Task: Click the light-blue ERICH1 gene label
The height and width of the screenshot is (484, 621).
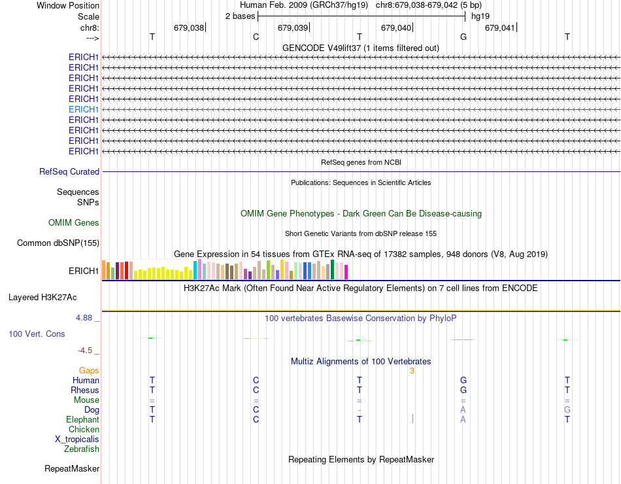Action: pos(84,109)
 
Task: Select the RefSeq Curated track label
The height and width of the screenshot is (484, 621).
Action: pos(69,171)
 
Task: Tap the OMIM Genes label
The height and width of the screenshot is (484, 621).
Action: pos(74,223)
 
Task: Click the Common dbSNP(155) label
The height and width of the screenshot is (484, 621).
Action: pos(58,243)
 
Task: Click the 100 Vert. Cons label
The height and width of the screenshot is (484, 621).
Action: pos(37,334)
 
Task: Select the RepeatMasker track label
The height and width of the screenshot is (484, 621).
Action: pos(72,468)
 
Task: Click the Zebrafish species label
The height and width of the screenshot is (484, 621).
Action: pos(82,449)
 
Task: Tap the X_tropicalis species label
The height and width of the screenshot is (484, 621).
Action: pos(77,440)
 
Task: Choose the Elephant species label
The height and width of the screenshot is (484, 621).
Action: pos(82,420)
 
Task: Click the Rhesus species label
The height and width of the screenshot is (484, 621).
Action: pos(85,390)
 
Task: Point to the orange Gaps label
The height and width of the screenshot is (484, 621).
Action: pos(89,371)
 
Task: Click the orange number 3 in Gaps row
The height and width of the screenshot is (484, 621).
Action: pos(412,371)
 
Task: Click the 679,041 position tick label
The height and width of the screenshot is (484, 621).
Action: pos(500,27)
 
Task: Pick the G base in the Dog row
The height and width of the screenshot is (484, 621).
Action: pos(567,410)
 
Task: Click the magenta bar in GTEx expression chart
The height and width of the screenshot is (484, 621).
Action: pos(346,272)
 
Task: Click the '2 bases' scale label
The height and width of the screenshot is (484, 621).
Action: pos(240,16)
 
